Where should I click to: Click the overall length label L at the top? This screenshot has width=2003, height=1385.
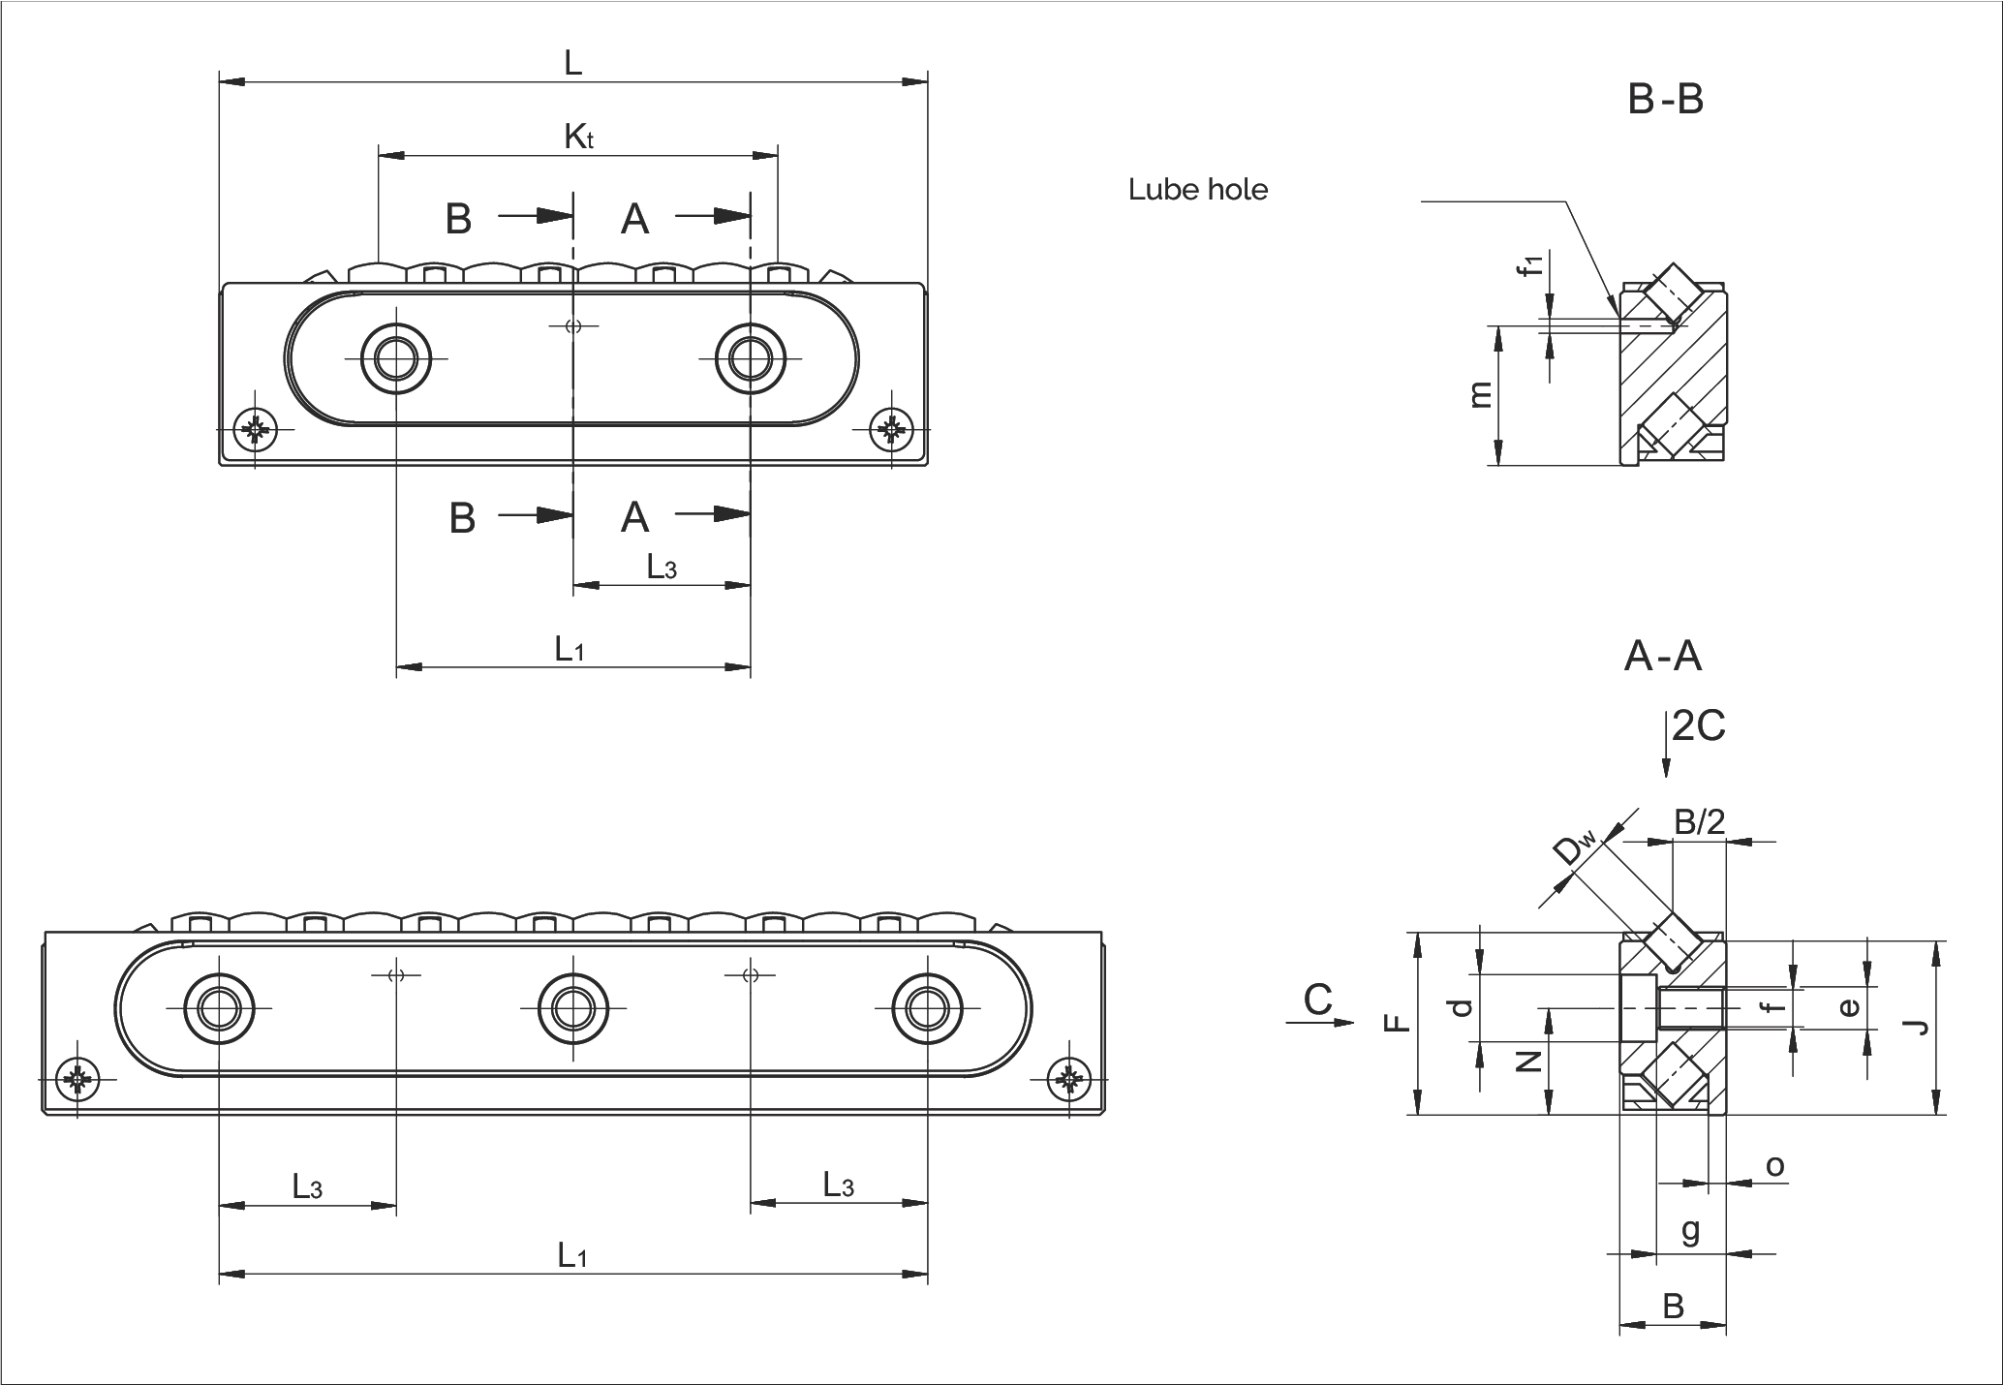pos(572,64)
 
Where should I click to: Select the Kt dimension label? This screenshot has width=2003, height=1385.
pos(578,138)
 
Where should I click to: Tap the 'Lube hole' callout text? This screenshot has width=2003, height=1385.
pos(1197,190)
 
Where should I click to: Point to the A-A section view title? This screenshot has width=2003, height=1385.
pos(1662,658)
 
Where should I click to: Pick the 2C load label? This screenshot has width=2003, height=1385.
pos(1698,725)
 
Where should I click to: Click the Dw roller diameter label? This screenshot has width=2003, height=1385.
pos(1571,848)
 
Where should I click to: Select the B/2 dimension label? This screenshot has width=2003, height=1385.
pos(1700,822)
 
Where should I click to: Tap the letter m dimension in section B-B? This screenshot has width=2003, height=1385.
pos(1479,395)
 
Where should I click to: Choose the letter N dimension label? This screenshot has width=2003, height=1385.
pos(1528,1062)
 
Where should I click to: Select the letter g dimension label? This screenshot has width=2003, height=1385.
pos(1690,1230)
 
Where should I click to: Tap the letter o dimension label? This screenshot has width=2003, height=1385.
pos(1774,1165)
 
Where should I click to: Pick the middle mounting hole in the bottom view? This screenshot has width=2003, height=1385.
pos(573,1008)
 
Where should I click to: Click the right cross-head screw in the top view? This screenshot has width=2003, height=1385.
pos(891,430)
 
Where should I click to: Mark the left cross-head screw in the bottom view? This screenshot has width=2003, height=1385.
pos(78,1078)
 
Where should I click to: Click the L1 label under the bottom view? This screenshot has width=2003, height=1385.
pos(572,1255)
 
